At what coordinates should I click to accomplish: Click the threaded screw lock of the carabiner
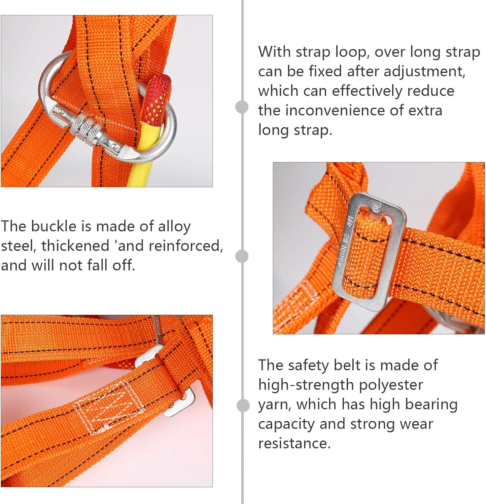[86, 129]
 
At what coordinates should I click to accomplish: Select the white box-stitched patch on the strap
[108, 406]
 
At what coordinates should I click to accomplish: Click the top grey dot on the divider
[242, 107]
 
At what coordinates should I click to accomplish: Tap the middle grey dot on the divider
[242, 256]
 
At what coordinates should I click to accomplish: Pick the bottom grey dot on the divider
[243, 406]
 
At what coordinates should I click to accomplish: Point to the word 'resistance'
[294, 444]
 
